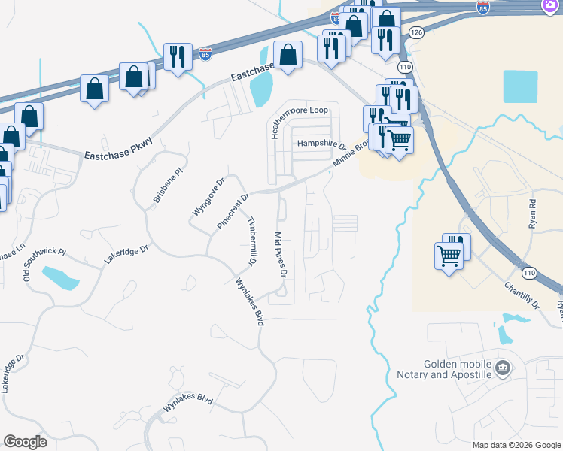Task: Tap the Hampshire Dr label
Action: point(320,143)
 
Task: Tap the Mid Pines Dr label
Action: point(281,256)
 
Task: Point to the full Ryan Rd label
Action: point(533,214)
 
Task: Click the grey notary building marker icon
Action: point(504,368)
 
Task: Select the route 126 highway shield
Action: point(418,33)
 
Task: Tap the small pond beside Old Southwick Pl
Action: point(60,278)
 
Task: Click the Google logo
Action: point(26,442)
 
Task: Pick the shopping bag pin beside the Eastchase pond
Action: point(288,55)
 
